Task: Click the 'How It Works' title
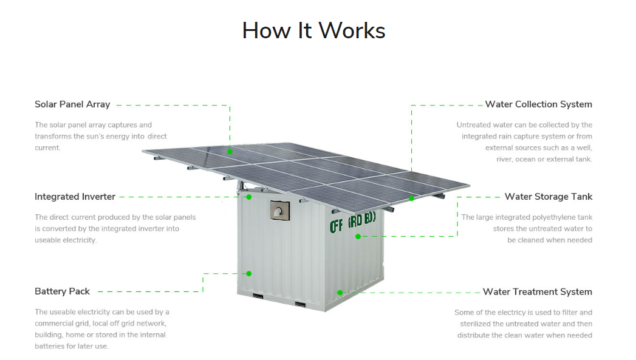click(x=313, y=30)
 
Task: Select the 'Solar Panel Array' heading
click(x=72, y=104)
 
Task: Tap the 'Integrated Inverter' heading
click(x=75, y=197)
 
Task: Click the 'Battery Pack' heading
click(x=62, y=291)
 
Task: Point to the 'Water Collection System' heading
click(x=538, y=104)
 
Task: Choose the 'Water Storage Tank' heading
click(x=548, y=197)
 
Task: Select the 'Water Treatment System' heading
click(x=537, y=291)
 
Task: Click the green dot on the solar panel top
click(x=230, y=151)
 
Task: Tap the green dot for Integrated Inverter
click(x=249, y=197)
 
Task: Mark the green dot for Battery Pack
click(x=248, y=273)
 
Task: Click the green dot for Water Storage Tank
click(x=358, y=236)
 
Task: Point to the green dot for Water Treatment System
click(x=340, y=292)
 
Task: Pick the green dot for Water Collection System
click(x=411, y=198)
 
